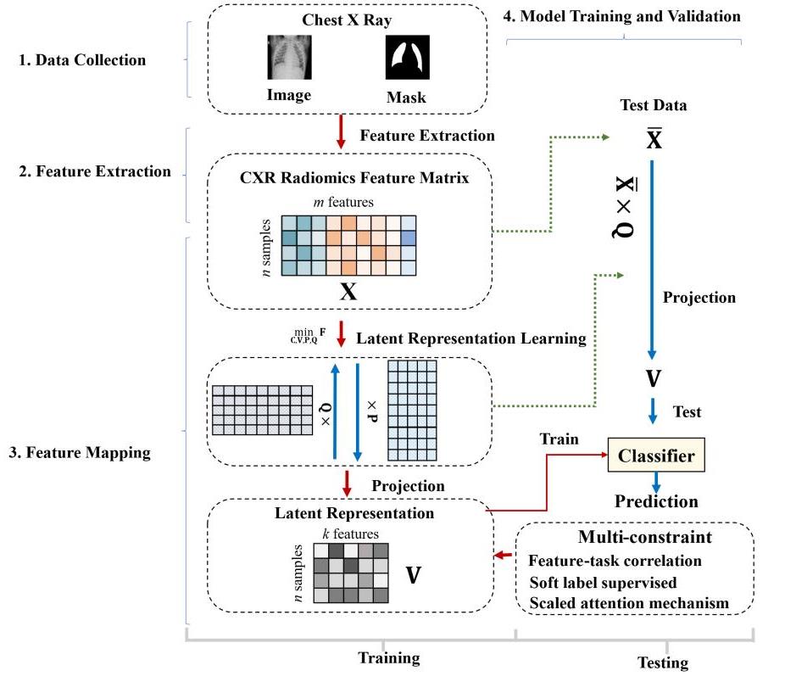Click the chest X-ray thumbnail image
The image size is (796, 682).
coord(289,58)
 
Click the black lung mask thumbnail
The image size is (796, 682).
coord(408,58)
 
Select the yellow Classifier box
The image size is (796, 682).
coord(656,455)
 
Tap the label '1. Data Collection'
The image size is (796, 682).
coord(82,60)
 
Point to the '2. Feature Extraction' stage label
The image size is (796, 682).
coord(95,171)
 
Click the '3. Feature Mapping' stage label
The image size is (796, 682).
coord(80,452)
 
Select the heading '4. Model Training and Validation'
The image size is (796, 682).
coord(622,16)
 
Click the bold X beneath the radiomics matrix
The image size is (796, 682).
coord(348,292)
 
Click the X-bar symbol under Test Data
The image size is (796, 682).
coord(654,137)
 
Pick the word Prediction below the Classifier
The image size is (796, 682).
coord(656,501)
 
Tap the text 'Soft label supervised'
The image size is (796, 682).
coord(603,583)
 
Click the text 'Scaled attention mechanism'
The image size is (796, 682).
coord(629,603)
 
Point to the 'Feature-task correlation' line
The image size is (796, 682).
coord(615,561)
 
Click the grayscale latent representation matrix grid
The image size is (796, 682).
coord(351,573)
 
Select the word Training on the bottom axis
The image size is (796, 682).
coord(389,657)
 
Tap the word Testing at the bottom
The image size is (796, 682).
coord(663,662)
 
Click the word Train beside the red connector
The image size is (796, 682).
coord(559,439)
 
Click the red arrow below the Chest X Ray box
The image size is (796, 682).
coord(341,132)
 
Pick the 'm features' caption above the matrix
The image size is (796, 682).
coord(343,202)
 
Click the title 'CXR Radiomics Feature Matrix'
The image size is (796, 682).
coord(354,178)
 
